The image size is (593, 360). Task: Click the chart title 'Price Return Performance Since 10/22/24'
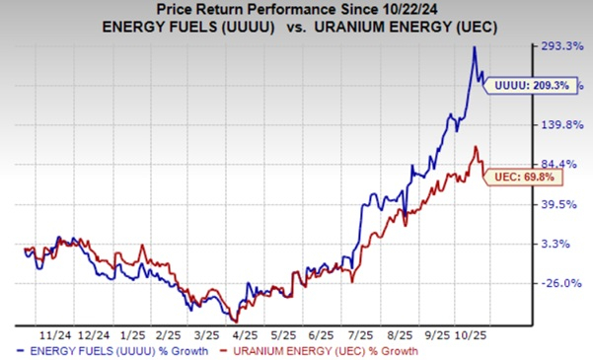pos(295,11)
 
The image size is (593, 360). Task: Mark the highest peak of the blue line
pos(474,47)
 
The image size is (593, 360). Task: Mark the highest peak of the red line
pos(477,147)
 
